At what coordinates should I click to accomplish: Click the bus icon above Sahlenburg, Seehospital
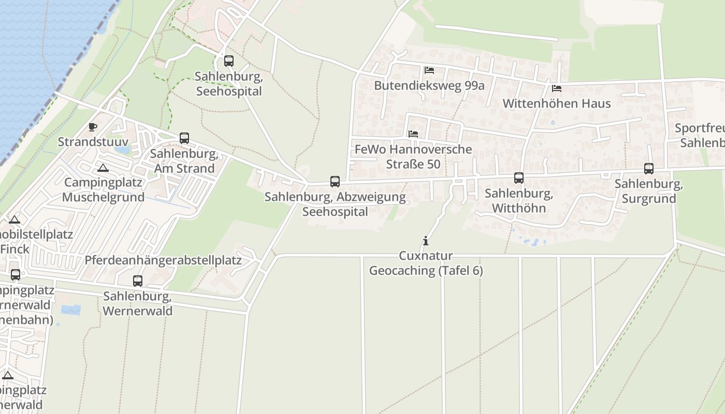(229, 61)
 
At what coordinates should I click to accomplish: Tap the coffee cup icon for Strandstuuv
(93, 127)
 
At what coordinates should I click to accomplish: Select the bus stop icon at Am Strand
(184, 138)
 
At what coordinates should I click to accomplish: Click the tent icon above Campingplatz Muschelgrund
(103, 168)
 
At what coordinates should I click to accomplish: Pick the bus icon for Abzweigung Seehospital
(335, 182)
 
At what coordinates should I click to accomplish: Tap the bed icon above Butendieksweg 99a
(429, 70)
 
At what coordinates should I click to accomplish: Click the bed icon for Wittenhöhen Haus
(557, 88)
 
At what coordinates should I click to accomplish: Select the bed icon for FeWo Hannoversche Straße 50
(413, 134)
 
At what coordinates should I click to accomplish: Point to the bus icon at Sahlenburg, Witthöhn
(519, 178)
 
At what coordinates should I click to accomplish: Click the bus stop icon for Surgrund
(649, 169)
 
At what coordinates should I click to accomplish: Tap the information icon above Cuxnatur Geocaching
(426, 241)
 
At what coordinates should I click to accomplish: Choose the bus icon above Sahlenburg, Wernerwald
(138, 281)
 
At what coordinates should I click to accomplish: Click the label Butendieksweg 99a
(429, 85)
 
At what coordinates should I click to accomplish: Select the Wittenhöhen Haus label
(557, 103)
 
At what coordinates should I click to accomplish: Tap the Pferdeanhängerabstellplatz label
(163, 260)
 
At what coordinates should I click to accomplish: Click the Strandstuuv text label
(93, 142)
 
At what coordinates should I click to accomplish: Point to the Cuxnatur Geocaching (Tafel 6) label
(426, 263)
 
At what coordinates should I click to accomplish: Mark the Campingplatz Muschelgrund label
(104, 190)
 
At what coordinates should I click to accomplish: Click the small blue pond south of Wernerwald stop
(71, 310)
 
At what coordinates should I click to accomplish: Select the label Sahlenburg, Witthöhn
(519, 201)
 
